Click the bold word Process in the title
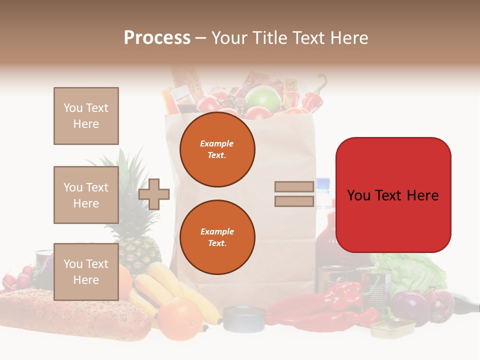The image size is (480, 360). click(x=157, y=38)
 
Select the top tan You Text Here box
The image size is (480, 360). click(x=86, y=116)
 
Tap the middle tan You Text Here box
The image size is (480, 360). click(x=86, y=195)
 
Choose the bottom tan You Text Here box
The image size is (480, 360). click(x=86, y=271)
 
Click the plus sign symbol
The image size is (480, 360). click(x=154, y=194)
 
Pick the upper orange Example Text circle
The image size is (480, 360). click(x=217, y=149)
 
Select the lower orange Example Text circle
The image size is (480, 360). click(x=217, y=237)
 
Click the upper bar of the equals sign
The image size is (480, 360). click(x=294, y=187)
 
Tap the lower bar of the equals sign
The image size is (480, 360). click(x=294, y=201)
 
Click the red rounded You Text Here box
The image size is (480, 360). click(x=393, y=195)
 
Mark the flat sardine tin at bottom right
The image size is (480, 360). click(x=392, y=328)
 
